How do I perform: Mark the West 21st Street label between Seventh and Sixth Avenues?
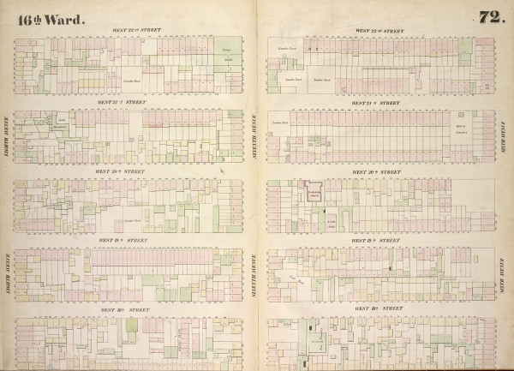[x=377, y=103]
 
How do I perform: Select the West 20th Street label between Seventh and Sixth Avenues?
[x=377, y=172]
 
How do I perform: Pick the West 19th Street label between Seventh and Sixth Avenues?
[x=377, y=241]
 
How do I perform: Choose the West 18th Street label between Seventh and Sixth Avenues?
[x=380, y=308]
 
